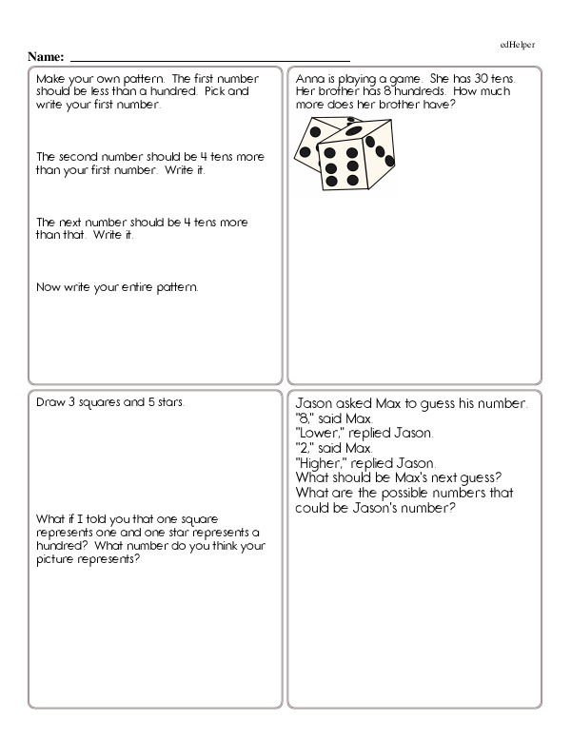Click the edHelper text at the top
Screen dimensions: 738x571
click(518, 45)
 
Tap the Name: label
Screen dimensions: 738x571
click(47, 57)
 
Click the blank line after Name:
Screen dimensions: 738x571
click(209, 59)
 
